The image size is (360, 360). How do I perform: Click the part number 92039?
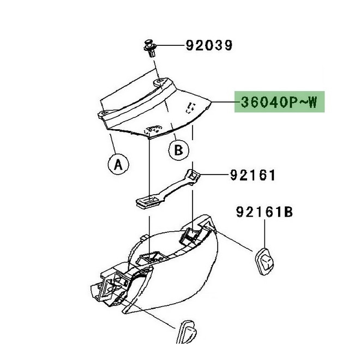pyautogui.click(x=209, y=45)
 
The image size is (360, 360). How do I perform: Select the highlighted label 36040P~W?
pyautogui.click(x=279, y=101)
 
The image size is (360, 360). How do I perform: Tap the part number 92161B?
pyautogui.click(x=265, y=212)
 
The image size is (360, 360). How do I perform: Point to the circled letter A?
pyautogui.click(x=118, y=164)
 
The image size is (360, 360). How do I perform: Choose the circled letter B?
pyautogui.click(x=179, y=150)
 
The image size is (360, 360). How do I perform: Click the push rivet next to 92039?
pyautogui.click(x=150, y=48)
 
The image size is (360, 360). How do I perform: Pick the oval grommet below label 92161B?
pyautogui.click(x=264, y=261)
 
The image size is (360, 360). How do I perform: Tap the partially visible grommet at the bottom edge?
pyautogui.click(x=187, y=332)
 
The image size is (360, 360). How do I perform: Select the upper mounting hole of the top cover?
pyautogui.click(x=160, y=81)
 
